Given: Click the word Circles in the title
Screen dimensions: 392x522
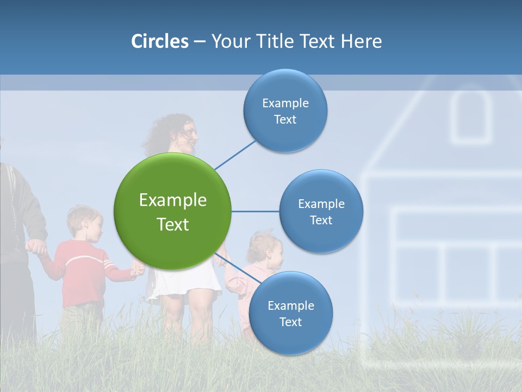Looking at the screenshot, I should (x=160, y=41).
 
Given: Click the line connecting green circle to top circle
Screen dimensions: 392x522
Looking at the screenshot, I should (x=235, y=155).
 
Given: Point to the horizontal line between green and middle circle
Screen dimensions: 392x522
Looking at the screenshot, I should (x=255, y=211).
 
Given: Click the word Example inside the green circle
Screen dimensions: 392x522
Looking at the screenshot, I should (x=172, y=200).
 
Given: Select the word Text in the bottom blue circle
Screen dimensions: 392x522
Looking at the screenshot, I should (x=290, y=322).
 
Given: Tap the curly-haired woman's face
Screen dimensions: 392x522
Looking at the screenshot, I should (x=188, y=134).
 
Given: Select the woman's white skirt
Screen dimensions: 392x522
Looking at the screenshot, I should (x=185, y=283).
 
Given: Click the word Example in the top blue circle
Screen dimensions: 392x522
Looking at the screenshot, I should (x=285, y=103).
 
